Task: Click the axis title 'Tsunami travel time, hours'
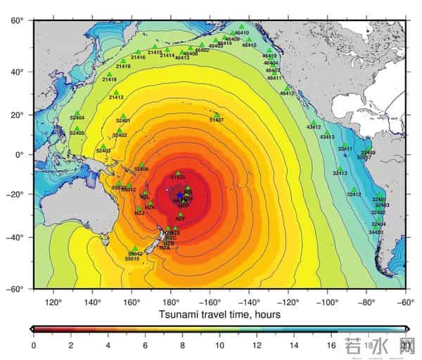click(x=220, y=314)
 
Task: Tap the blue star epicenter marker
click(x=180, y=195)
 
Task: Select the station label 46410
click(x=242, y=32)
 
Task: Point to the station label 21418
click(x=110, y=79)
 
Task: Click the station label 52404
click(x=77, y=117)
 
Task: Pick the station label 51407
click(x=217, y=120)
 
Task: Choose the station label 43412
click(x=314, y=127)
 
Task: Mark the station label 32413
click(x=340, y=173)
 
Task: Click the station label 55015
click(x=132, y=259)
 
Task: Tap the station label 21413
click(x=116, y=98)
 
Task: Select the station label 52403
click(x=103, y=150)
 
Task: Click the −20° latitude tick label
click(x=17, y=195)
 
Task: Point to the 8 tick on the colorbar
click(x=183, y=346)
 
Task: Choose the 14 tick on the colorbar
click(x=295, y=346)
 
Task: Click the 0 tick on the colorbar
click(x=33, y=346)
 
